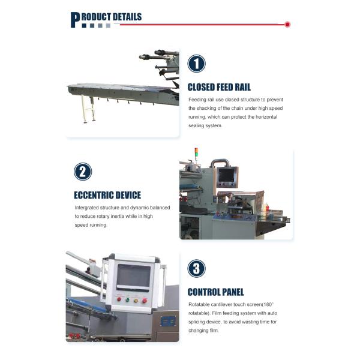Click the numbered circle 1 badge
pyautogui.click(x=196, y=64)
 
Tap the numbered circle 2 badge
pyautogui.click(x=83, y=172)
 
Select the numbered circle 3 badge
pyautogui.click(x=196, y=268)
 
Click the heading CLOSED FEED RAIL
pyautogui.click(x=219, y=87)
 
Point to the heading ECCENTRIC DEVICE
pyautogui.click(x=107, y=195)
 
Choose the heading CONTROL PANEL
pyautogui.click(x=215, y=292)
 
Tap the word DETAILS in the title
pyautogui.click(x=127, y=17)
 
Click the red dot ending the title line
pyautogui.click(x=287, y=25)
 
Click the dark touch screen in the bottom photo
pyautogui.click(x=133, y=277)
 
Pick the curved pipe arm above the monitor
pyautogui.click(x=220, y=162)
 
